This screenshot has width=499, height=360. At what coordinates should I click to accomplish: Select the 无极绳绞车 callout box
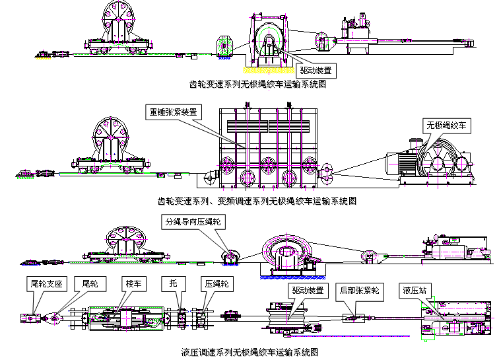[446, 124]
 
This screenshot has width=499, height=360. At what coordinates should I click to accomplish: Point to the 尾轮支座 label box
[46, 283]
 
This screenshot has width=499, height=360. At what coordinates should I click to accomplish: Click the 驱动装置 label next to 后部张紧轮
[306, 290]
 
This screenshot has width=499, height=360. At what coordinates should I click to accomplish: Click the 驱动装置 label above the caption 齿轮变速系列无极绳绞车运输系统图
[314, 69]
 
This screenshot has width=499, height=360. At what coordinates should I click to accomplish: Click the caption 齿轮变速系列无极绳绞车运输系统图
[258, 85]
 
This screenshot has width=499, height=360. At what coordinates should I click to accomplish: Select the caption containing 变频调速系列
[257, 200]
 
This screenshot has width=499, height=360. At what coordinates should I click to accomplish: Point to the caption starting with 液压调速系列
[250, 352]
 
